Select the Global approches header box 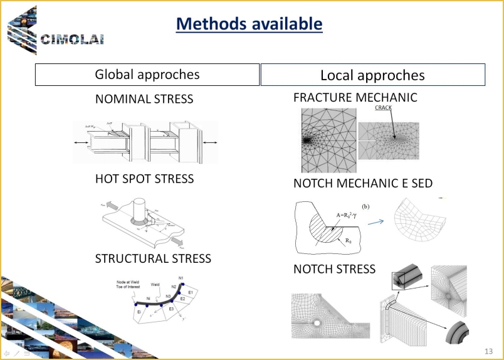click(x=147, y=75)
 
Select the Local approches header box click(x=372, y=75)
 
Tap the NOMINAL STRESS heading click(x=144, y=99)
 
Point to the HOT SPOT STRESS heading click(x=144, y=179)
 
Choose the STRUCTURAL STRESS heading click(x=153, y=258)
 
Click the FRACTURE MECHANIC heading click(x=355, y=98)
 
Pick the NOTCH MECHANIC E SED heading click(x=363, y=183)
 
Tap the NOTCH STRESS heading click(x=334, y=269)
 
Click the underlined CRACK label click(x=383, y=108)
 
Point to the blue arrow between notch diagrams click(x=376, y=221)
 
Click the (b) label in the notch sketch click(x=366, y=206)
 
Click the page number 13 click(x=488, y=350)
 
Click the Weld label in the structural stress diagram click(x=155, y=284)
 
